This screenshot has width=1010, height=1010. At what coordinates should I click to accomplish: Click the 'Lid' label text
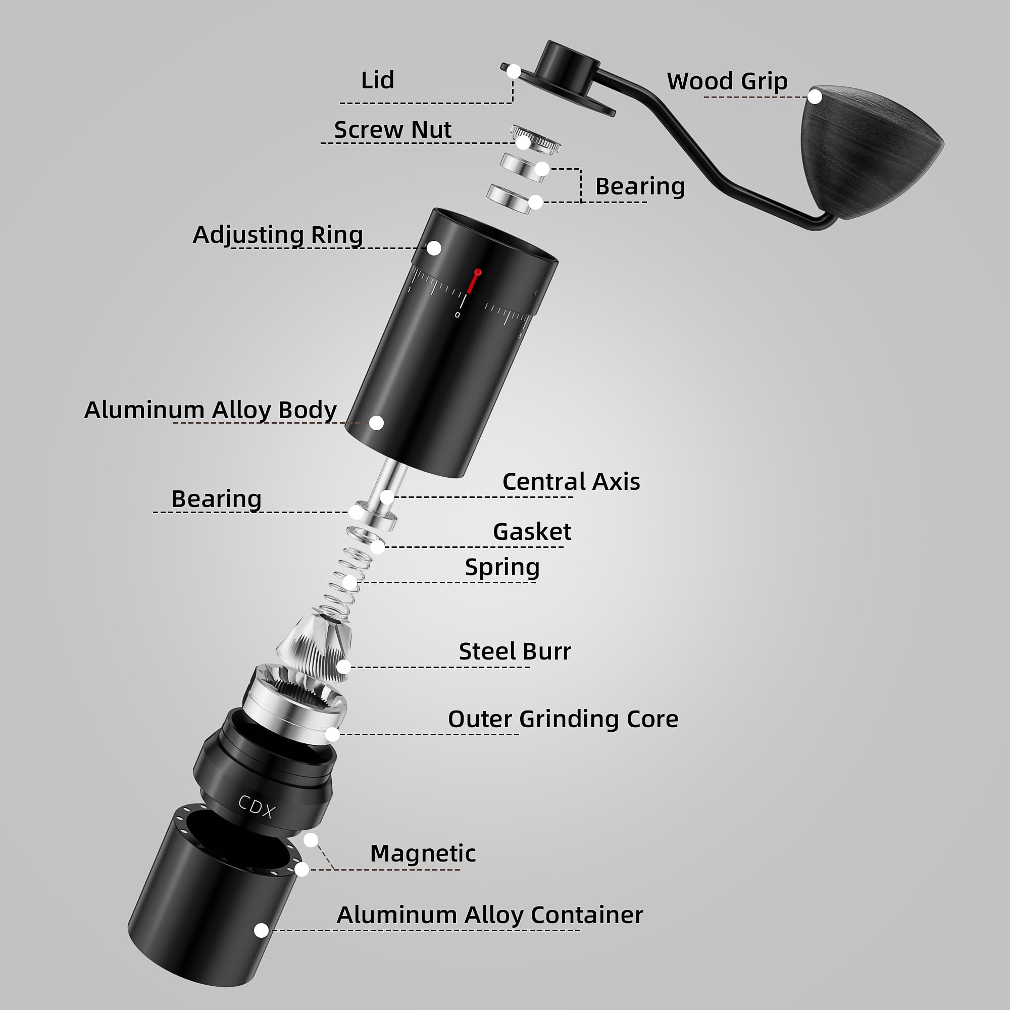tap(377, 80)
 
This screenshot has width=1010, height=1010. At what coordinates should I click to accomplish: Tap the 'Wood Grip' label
tap(727, 81)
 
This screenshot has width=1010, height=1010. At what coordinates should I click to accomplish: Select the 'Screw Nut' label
tap(392, 130)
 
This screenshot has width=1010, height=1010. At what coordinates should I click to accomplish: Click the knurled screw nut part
tap(535, 138)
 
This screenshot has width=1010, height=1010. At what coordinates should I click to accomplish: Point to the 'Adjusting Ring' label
tap(278, 235)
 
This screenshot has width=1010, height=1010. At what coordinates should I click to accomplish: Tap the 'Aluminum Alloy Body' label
tap(210, 411)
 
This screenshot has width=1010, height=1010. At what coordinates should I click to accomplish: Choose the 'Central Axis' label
tap(571, 481)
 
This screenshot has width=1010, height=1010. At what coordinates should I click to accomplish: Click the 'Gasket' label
tap(532, 532)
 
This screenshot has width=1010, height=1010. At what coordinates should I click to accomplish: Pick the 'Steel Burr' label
tap(515, 651)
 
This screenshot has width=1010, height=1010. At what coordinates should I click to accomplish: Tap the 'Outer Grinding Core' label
tap(563, 719)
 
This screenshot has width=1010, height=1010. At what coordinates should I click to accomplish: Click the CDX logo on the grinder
tap(256, 806)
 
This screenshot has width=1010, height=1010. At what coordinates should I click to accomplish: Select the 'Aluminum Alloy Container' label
tap(489, 916)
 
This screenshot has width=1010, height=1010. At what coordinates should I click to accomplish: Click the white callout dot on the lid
tap(514, 71)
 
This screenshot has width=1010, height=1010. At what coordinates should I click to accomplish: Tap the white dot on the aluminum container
tap(262, 930)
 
